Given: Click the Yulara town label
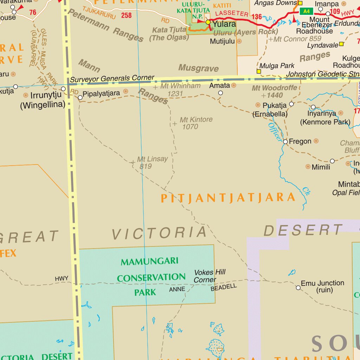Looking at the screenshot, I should tap(224, 24).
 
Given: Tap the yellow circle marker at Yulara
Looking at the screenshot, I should tap(208, 22).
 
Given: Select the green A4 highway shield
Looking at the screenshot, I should tap(306, 11).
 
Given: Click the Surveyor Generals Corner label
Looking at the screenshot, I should tap(112, 79).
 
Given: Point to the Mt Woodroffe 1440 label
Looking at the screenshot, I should tap(274, 91).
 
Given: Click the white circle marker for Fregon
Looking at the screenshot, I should tap(285, 142).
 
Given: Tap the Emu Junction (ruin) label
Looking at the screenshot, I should tap(322, 287).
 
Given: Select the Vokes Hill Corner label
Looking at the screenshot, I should tap(210, 276).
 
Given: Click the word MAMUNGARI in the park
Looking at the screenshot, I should tap(149, 262).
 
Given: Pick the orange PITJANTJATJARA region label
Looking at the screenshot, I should tap(228, 198).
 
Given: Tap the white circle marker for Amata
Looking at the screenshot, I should tap(220, 93).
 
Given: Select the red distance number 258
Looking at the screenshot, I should tap(126, 15).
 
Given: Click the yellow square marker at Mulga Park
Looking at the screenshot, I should tap(259, 71).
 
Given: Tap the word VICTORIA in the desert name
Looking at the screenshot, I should tap(159, 233).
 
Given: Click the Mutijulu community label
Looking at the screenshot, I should tap(222, 41).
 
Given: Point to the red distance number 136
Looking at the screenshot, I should tap(257, 17).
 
